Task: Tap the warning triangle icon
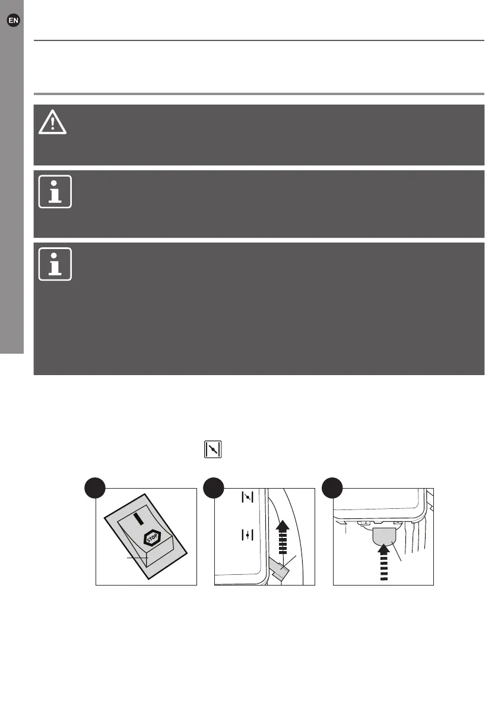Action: pos(53,123)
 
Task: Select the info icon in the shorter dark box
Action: pos(55,191)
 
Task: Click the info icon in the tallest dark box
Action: pos(55,263)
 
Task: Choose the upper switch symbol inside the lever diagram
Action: pos(248,498)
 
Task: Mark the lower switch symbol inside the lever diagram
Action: pos(248,535)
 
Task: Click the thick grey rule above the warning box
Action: pos(259,94)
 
